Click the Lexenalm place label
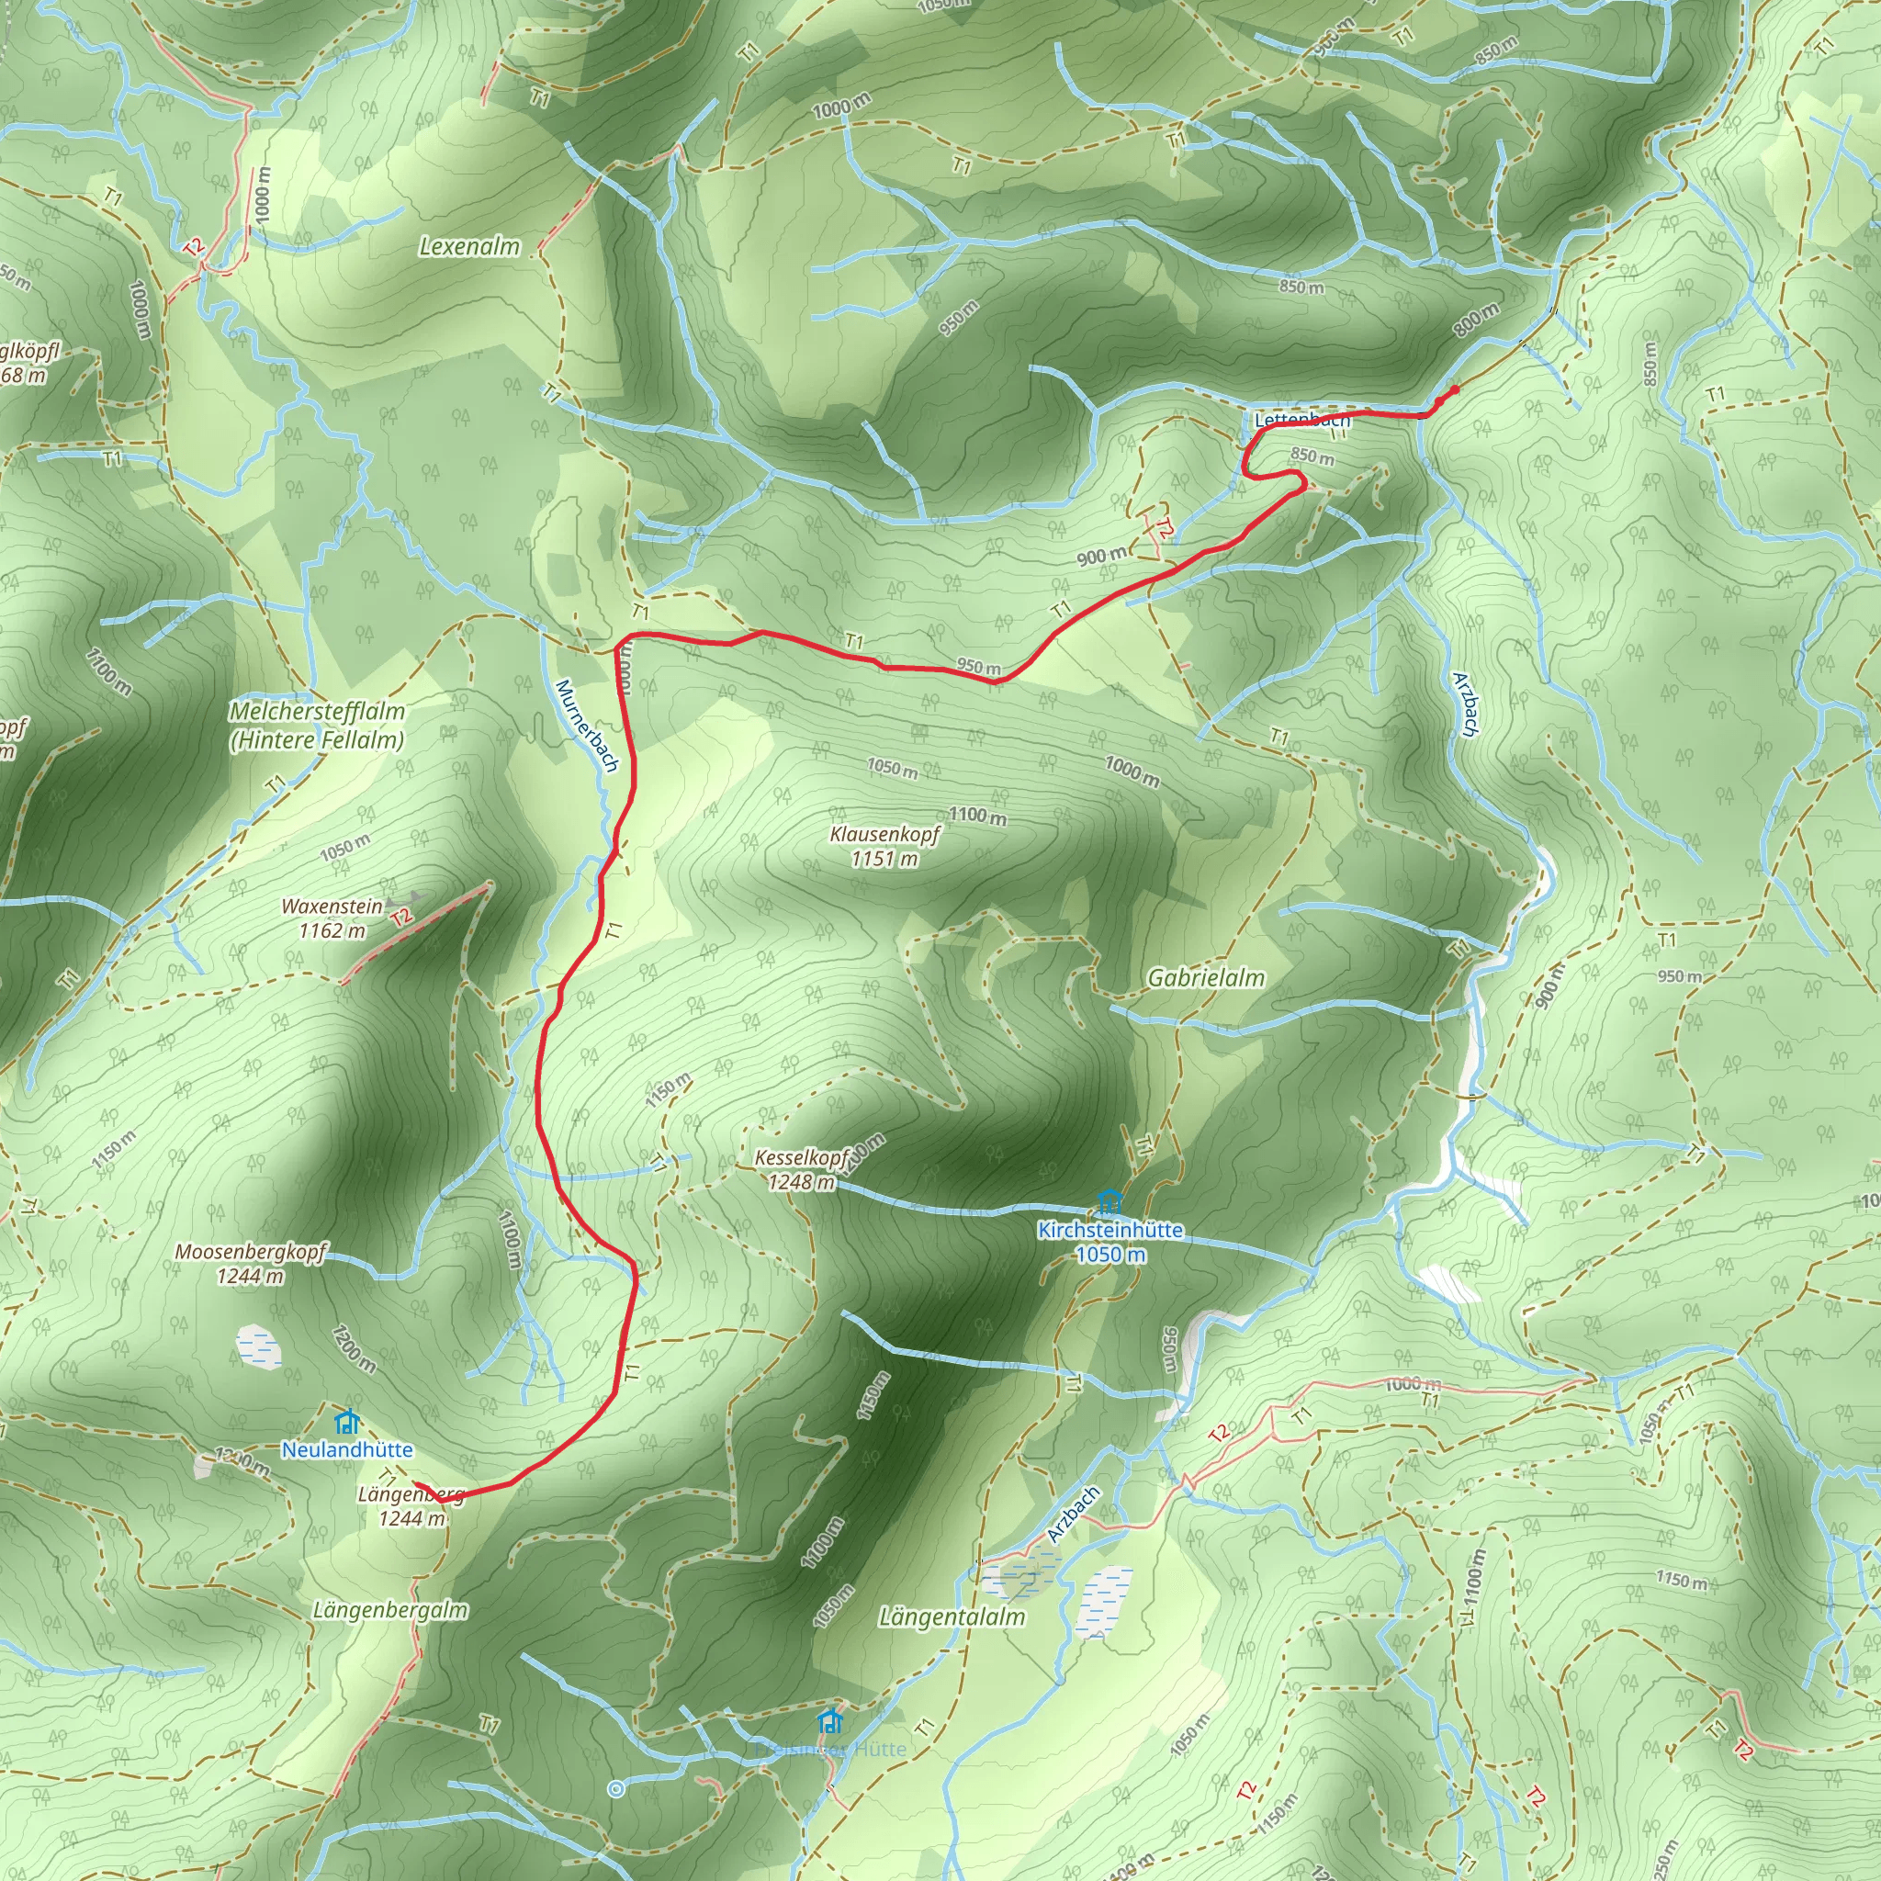pyautogui.click(x=469, y=247)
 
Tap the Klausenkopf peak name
pyautogui.click(x=885, y=834)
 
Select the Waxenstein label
pyautogui.click(x=332, y=907)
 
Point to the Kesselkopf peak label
pyautogui.click(x=802, y=1158)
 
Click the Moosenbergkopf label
pyautogui.click(x=251, y=1252)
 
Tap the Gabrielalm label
pyautogui.click(x=1206, y=978)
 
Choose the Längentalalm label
pyautogui.click(x=952, y=1617)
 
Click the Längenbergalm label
pyautogui.click(x=390, y=1610)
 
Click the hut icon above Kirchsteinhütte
pyautogui.click(x=1109, y=1202)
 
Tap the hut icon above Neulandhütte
pyautogui.click(x=346, y=1423)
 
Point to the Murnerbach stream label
pyautogui.click(x=586, y=726)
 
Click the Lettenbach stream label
pyautogui.click(x=1301, y=421)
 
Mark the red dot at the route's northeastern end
pyautogui.click(x=1455, y=390)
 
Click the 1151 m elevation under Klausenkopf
pyautogui.click(x=884, y=859)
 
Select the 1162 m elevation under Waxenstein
pyautogui.click(x=332, y=930)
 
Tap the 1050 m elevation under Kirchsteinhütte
pyautogui.click(x=1109, y=1255)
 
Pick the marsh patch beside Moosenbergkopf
pyautogui.click(x=259, y=1346)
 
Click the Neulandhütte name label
pyautogui.click(x=347, y=1449)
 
